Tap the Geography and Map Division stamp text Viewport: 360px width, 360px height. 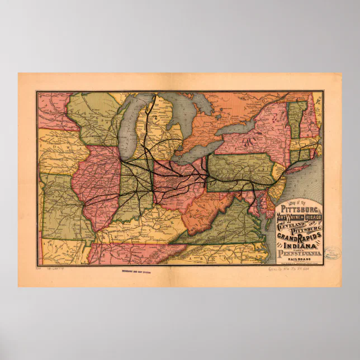click(138, 273)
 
